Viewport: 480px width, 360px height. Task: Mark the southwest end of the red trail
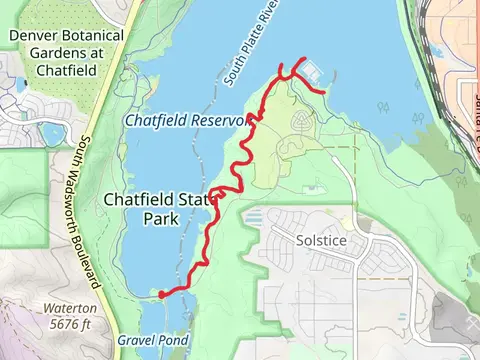[x=160, y=294]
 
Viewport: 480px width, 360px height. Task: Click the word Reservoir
[x=217, y=120]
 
